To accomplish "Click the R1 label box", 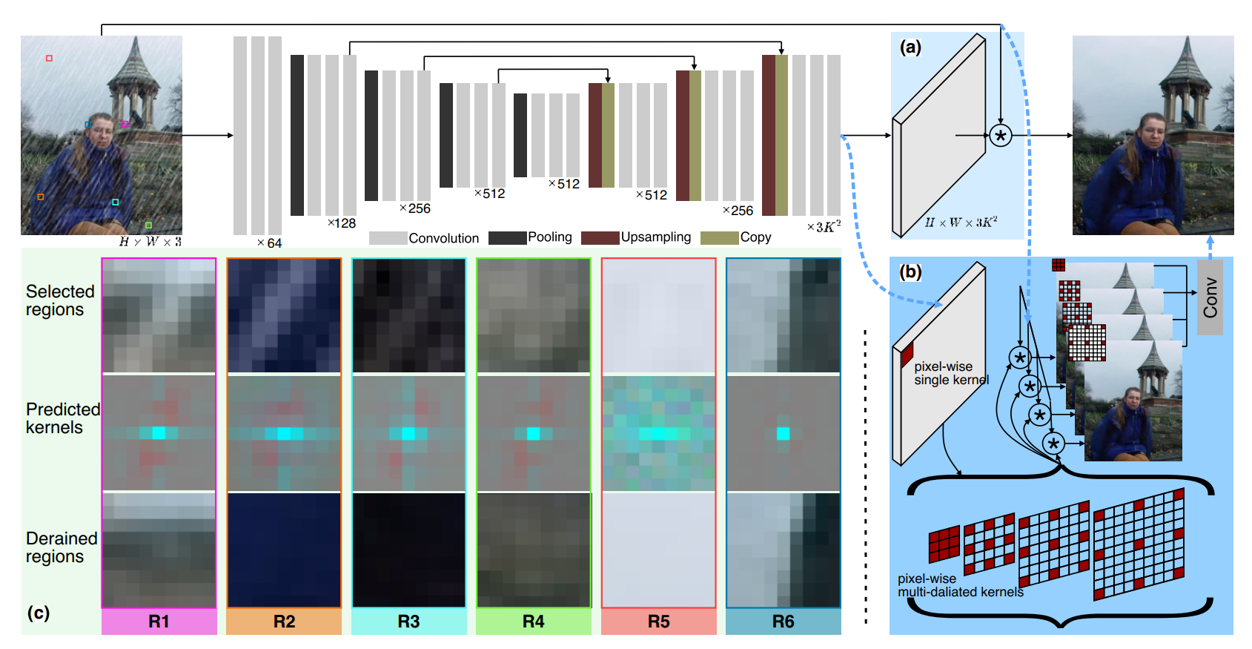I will (159, 622).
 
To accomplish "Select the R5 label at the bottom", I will (658, 622).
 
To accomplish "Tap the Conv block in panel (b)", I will (1210, 297).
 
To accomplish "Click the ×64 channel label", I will (269, 243).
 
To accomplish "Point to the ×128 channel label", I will (342, 223).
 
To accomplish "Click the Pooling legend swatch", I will (507, 237).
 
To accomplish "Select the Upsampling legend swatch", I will (600, 237).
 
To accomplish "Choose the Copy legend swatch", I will (719, 237).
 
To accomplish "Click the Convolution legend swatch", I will (388, 238).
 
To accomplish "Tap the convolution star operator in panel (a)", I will (1001, 136).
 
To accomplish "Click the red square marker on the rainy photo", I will (50, 58).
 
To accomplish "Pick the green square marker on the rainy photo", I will (148, 225).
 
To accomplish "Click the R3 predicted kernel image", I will (408, 433).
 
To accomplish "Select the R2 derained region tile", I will (284, 550).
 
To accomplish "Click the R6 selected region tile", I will (784, 315).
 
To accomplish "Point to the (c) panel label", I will (39, 613).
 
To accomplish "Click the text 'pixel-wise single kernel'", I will (951, 373).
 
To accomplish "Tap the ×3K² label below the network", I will (824, 226).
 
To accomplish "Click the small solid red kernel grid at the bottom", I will (944, 544).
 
